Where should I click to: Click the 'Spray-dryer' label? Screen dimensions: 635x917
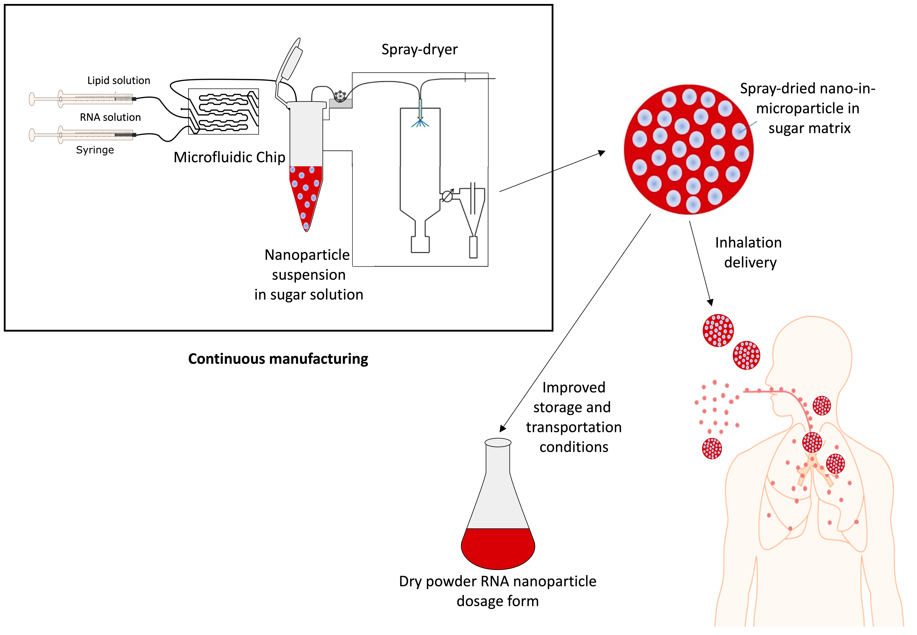click(x=419, y=49)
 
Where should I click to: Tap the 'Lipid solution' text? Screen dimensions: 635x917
click(x=118, y=80)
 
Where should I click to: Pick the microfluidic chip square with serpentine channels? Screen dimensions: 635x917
click(x=223, y=111)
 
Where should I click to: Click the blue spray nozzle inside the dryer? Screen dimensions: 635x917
click(x=420, y=115)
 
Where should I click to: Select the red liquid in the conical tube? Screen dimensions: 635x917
click(x=305, y=191)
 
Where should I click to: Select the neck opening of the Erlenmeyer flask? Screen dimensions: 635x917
click(x=498, y=442)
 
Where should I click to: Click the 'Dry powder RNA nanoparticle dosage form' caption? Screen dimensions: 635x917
click(x=498, y=591)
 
